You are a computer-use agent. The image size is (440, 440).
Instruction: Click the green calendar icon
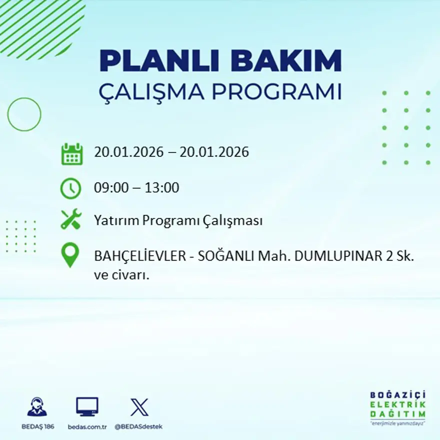point(71,154)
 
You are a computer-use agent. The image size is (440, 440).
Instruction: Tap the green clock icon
point(70,188)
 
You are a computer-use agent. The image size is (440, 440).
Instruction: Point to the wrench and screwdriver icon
point(70,220)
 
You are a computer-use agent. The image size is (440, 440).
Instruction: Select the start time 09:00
point(109,188)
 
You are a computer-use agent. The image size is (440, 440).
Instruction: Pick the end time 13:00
point(162,188)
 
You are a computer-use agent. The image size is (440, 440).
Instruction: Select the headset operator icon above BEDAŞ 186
point(37,406)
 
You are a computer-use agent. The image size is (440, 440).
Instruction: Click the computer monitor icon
point(87,406)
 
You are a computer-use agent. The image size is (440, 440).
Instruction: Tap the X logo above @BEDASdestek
point(139,407)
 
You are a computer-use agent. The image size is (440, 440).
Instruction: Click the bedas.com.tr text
point(87,426)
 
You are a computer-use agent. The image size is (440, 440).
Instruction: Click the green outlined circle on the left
point(24,114)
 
